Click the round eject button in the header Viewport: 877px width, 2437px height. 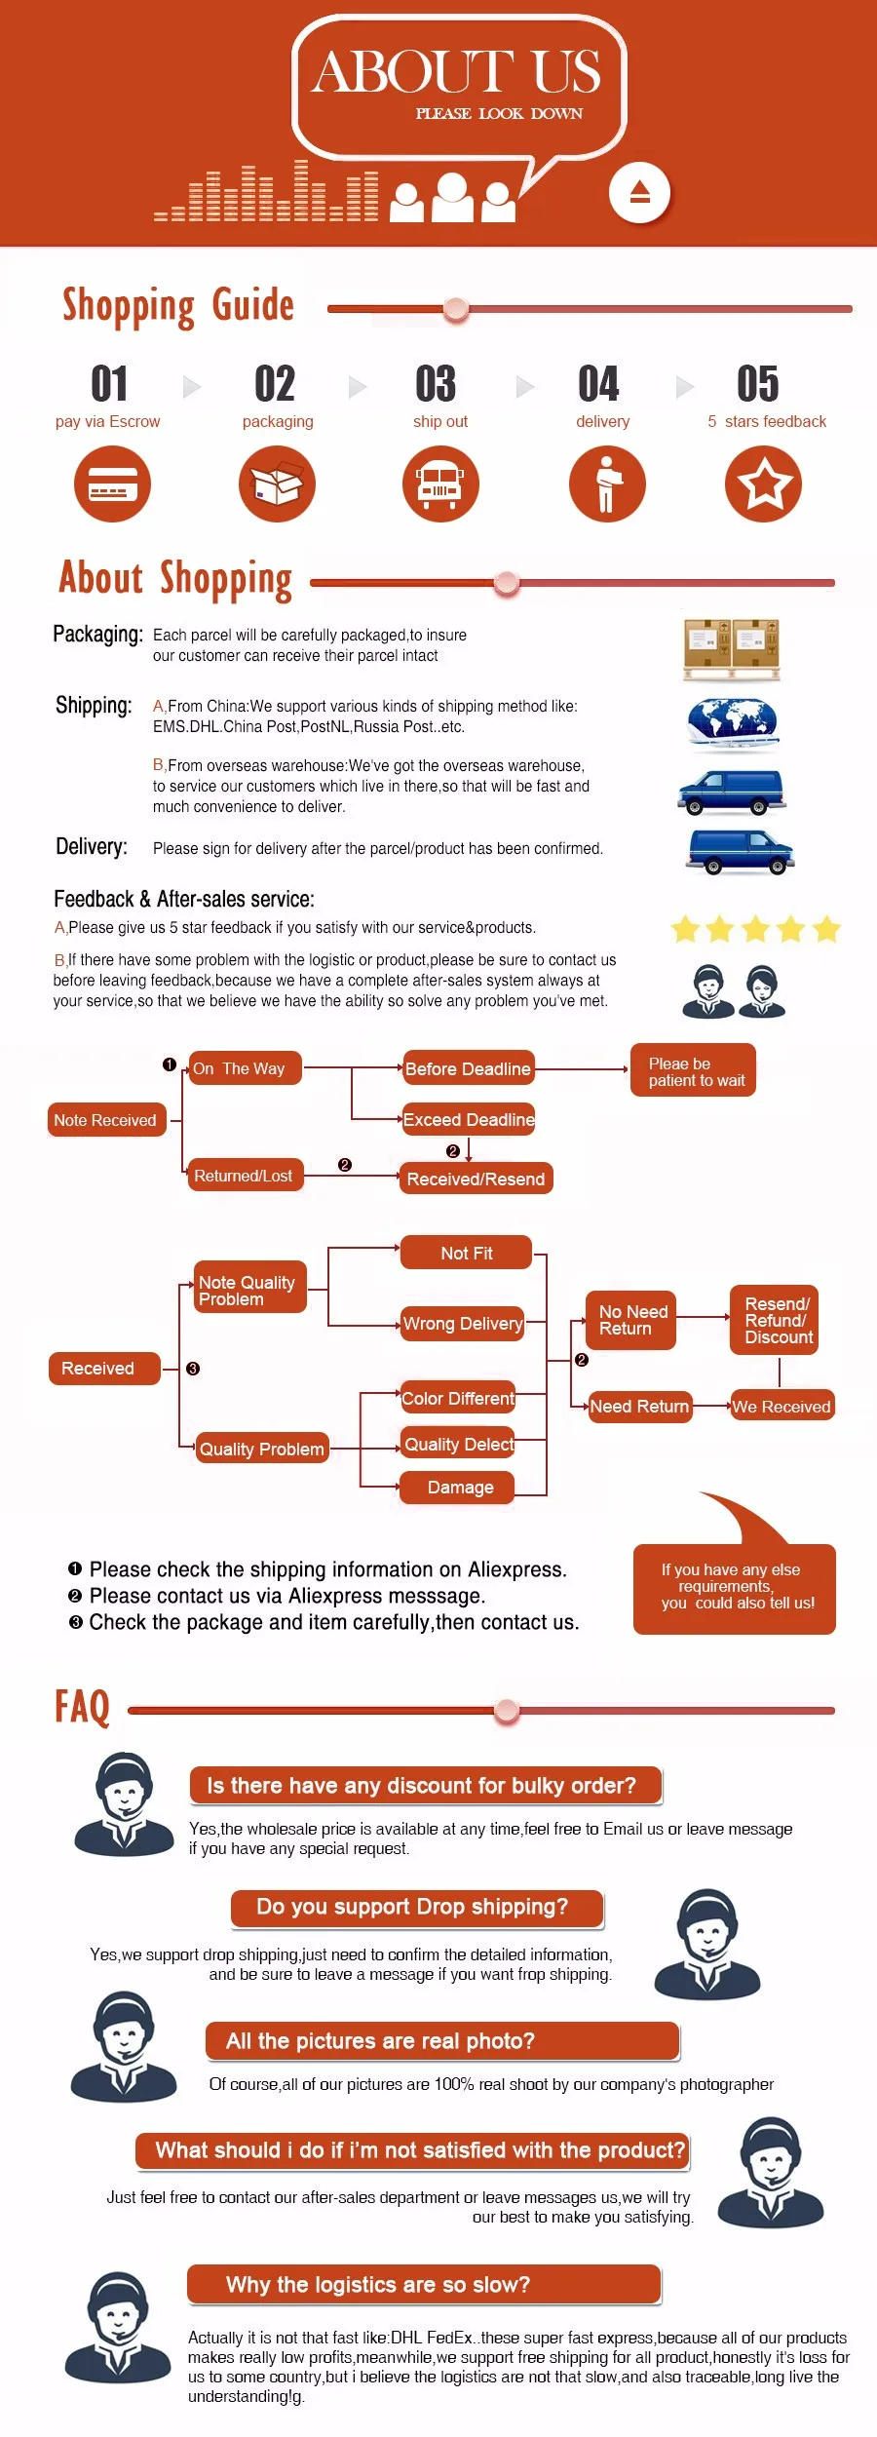(639, 192)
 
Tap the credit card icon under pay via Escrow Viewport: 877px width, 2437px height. (112, 484)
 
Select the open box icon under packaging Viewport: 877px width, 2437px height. (277, 484)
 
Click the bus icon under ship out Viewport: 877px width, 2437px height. (440, 484)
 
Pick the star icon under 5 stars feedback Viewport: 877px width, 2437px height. (763, 484)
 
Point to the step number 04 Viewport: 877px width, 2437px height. (598, 384)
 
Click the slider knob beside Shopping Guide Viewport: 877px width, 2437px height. (455, 309)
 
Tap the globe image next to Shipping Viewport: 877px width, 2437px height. (733, 724)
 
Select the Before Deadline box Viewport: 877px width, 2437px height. (468, 1068)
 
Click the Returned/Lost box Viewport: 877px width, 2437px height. (244, 1176)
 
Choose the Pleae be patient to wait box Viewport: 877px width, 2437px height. (693, 1070)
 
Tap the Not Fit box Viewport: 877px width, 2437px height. (466, 1253)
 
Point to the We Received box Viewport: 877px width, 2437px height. (782, 1406)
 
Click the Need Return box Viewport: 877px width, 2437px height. (639, 1406)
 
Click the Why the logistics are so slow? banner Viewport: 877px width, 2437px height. (425, 2285)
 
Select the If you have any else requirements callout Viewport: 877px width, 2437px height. (735, 1588)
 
